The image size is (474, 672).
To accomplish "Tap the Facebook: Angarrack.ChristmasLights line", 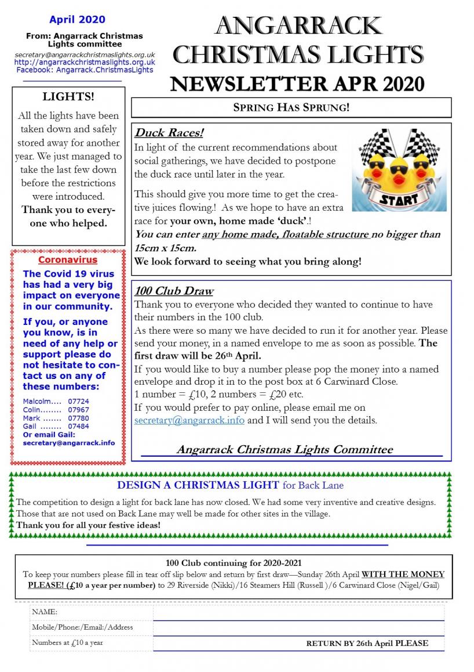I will pos(85,70).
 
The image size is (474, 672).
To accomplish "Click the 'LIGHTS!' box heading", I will pos(68,96).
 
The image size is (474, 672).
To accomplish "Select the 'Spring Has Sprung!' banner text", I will pos(291,107).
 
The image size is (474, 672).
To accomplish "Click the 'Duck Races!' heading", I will pos(169,133).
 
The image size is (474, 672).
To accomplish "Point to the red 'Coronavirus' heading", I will pos(68,260).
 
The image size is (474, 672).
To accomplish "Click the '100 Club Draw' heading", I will pos(174,291).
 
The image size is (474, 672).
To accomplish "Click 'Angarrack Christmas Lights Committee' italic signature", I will pos(284,449).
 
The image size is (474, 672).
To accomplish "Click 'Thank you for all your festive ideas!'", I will pos(89,525).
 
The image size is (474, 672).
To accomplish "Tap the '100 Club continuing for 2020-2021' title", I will pos(234,562).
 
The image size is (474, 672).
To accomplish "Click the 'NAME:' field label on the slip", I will pos(45,612).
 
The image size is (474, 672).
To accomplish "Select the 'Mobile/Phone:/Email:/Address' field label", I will pos(82,627).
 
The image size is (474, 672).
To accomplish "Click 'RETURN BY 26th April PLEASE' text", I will pos(367,643).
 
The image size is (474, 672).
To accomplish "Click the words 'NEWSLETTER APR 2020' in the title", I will pos(297,84).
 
